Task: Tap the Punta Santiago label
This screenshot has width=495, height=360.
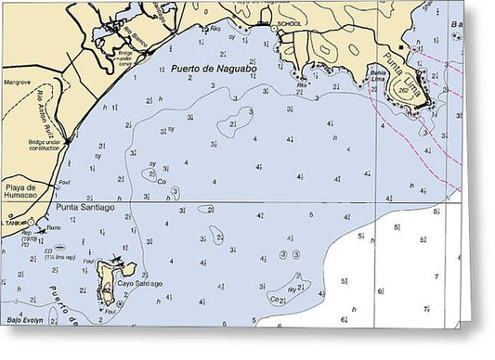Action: (x=86, y=208)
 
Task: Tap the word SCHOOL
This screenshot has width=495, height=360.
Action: (x=291, y=24)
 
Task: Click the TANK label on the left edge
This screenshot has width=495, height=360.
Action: (x=12, y=223)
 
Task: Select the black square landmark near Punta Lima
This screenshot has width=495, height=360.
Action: (x=401, y=45)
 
